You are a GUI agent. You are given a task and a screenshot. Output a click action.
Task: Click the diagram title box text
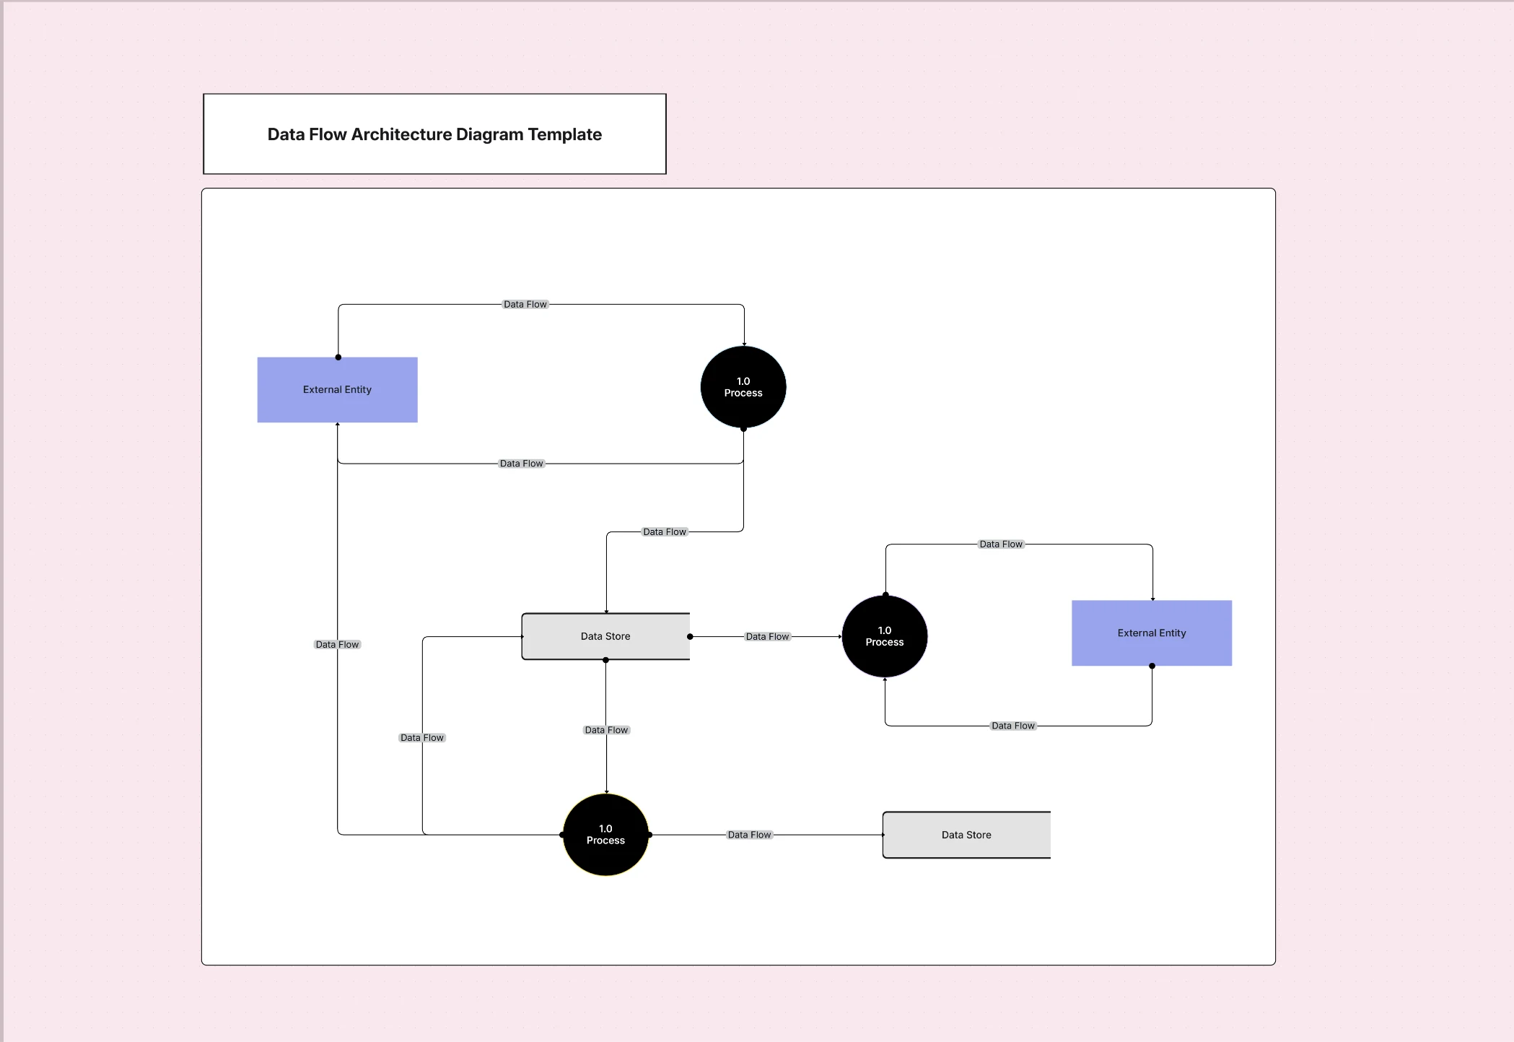point(434,134)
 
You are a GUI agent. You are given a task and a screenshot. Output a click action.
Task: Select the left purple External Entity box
point(337,390)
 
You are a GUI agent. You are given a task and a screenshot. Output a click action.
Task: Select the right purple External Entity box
point(1151,633)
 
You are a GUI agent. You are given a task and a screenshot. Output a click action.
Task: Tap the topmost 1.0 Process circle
point(743,387)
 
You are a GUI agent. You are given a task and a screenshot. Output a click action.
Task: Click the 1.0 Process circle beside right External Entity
point(884,636)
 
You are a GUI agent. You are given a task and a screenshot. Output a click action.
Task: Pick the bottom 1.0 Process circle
point(605,835)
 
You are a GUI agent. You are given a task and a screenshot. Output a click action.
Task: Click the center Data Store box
point(605,636)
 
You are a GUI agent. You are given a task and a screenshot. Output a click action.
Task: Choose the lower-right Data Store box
point(966,835)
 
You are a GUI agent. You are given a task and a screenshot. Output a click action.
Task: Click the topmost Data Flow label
point(525,305)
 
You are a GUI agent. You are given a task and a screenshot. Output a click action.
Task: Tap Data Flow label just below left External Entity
point(521,464)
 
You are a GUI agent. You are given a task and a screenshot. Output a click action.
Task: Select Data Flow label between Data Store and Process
point(767,637)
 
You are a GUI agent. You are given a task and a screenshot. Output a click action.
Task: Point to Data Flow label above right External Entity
point(1000,544)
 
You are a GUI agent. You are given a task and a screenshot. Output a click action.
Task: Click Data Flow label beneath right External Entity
point(1012,726)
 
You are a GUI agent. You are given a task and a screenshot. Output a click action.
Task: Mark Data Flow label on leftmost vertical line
point(337,645)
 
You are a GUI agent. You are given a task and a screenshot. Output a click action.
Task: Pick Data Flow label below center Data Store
point(606,730)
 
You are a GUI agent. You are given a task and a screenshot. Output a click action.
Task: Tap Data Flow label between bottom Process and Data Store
point(749,835)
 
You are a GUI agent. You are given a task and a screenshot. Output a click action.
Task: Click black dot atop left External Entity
point(338,357)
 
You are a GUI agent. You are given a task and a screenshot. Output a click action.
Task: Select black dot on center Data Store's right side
point(690,637)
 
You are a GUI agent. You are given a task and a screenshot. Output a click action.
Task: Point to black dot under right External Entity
point(1152,666)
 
